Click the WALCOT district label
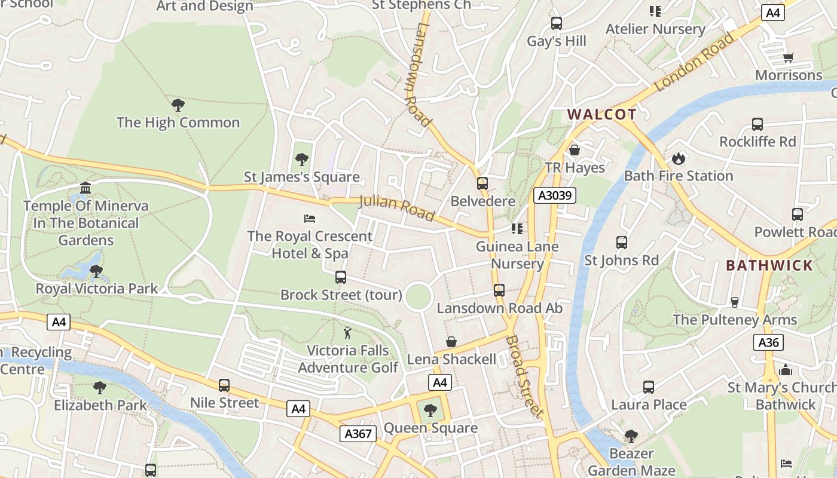point(601,114)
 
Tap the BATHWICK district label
point(769,265)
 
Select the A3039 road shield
point(554,195)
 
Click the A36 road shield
point(768,342)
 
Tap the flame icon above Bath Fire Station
point(678,158)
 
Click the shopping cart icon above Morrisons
point(789,57)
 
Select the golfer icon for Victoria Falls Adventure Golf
point(347,333)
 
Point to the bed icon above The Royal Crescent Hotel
point(310,218)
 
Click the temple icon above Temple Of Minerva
point(85,188)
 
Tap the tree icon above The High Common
point(178,105)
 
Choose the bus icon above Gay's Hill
point(557,23)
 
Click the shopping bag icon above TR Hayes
point(575,150)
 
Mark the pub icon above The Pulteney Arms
point(735,302)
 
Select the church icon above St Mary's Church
point(786,370)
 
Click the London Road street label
point(694,62)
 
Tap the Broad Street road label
point(525,376)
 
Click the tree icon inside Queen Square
point(430,410)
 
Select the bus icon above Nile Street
point(224,385)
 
